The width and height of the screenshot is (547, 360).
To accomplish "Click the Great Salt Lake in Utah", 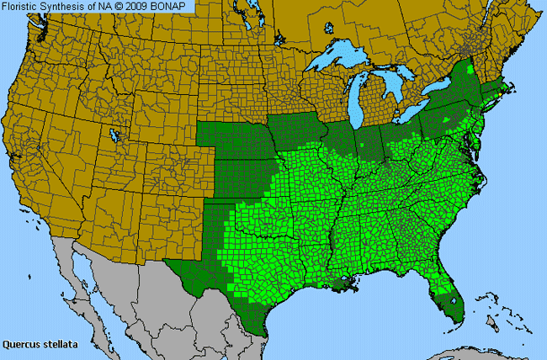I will (x=114, y=135).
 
